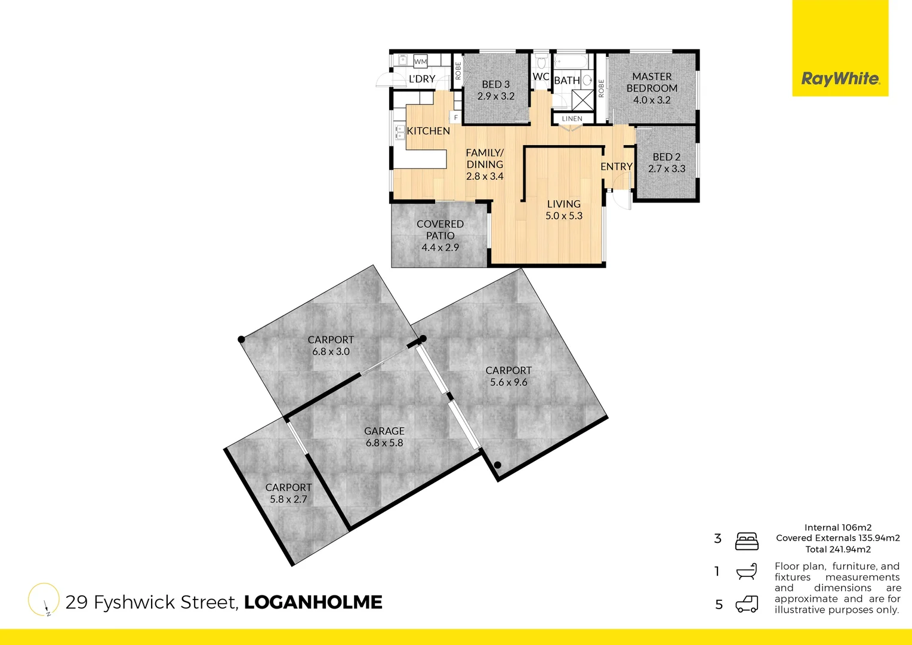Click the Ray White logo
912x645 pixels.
pyautogui.click(x=840, y=78)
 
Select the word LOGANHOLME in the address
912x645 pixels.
pyautogui.click(x=313, y=602)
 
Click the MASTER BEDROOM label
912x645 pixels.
pyautogui.click(x=652, y=82)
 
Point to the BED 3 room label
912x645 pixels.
pyautogui.click(x=495, y=85)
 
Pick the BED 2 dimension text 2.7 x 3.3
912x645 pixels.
pyautogui.click(x=667, y=169)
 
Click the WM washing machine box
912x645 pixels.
pyautogui.click(x=420, y=62)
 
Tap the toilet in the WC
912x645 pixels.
pyautogui.click(x=541, y=62)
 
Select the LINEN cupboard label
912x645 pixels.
pyautogui.click(x=572, y=119)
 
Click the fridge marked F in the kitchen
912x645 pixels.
pyautogui.click(x=456, y=118)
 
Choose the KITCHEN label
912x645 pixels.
pyautogui.click(x=428, y=131)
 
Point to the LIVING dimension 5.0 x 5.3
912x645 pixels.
pyautogui.click(x=563, y=216)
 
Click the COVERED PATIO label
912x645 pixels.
pyautogui.click(x=440, y=230)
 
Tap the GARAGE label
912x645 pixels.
pyautogui.click(x=384, y=431)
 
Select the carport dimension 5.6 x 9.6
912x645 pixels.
pyautogui.click(x=509, y=383)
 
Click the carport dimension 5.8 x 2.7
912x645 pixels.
pyautogui.click(x=288, y=500)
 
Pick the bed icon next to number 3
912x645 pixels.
pyautogui.click(x=747, y=541)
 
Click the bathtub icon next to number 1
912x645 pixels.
pyautogui.click(x=747, y=572)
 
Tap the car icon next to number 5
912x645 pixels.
pyautogui.click(x=747, y=604)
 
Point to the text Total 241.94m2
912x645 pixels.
pyautogui.click(x=838, y=549)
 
